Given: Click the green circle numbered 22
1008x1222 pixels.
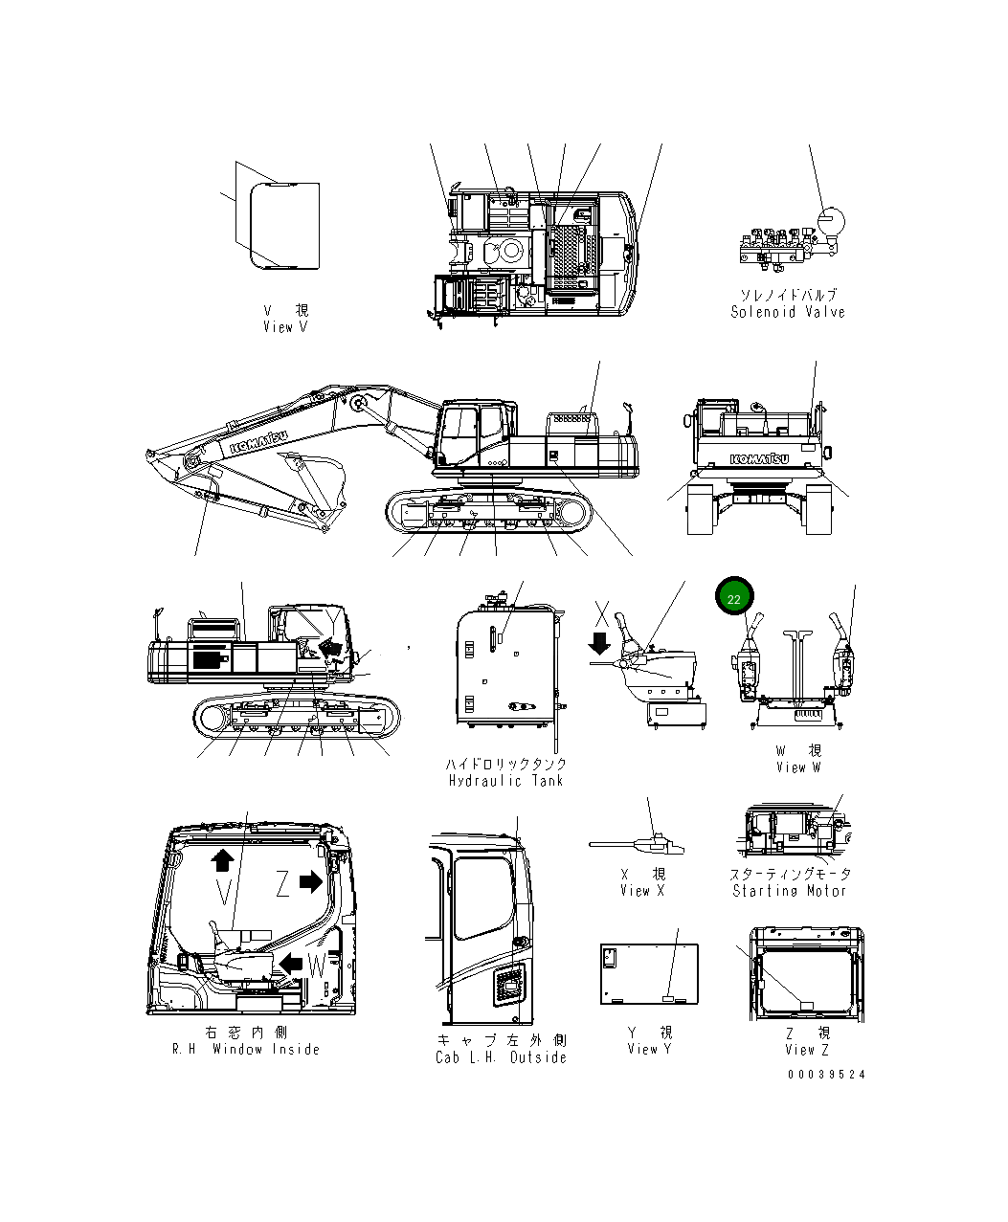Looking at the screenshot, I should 734,599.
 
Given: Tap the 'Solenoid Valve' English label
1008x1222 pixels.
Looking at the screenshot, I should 788,312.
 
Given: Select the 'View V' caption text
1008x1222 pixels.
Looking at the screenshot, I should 285,327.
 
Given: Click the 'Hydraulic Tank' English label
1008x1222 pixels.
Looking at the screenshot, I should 505,780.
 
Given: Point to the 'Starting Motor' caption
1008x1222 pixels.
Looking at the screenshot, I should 790,891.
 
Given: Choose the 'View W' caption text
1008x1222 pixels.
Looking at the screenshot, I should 798,767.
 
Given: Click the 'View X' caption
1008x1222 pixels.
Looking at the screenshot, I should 641,891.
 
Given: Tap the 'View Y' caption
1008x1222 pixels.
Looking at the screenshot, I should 649,1049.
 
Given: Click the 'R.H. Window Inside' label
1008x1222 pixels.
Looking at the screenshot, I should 246,1049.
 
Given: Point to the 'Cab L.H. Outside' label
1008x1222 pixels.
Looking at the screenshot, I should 501,1057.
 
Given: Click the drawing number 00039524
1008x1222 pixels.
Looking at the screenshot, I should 826,1075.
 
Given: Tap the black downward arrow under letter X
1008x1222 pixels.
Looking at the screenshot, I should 600,639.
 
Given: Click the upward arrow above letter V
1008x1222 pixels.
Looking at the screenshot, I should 222,858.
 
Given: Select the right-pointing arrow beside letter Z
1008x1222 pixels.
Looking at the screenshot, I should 311,881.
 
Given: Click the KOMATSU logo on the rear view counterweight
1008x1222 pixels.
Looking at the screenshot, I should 759,458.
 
